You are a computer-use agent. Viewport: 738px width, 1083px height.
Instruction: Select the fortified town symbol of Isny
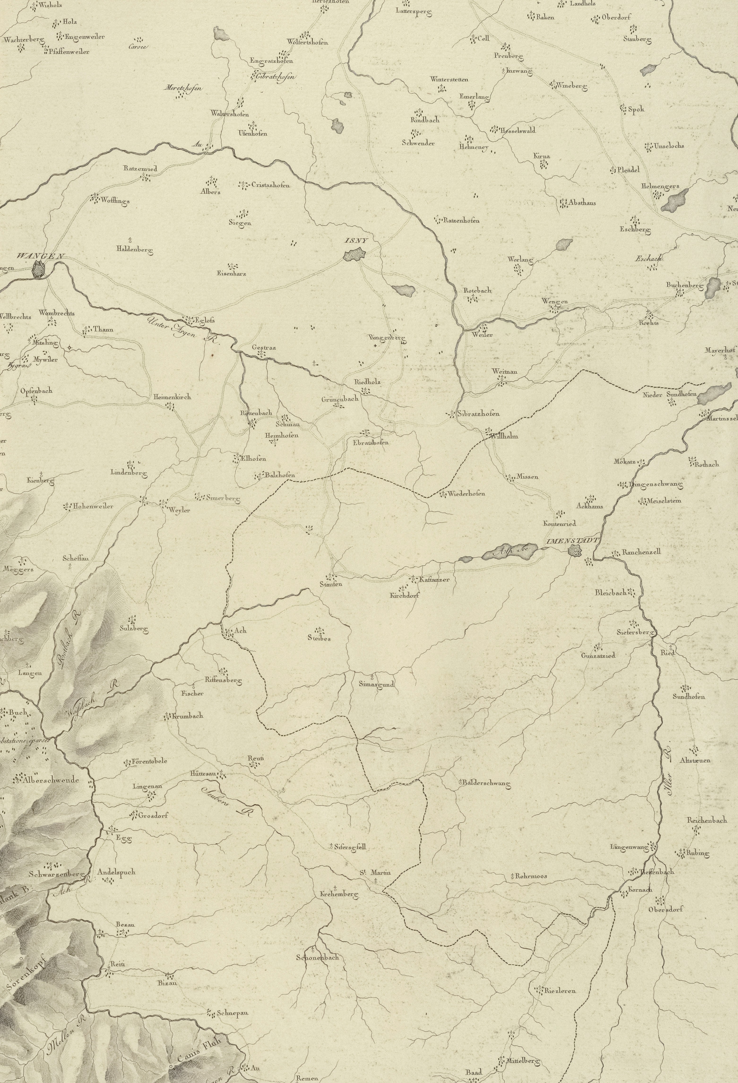[355, 255]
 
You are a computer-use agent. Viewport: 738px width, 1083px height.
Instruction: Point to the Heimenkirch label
[172, 397]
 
